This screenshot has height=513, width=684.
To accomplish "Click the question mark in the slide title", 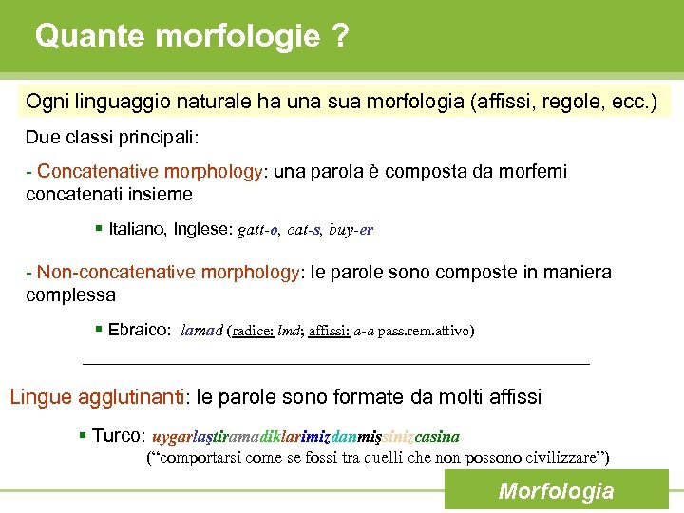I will click(338, 37).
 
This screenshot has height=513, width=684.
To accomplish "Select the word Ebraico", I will click(139, 331).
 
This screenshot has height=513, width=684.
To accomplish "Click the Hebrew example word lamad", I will click(201, 331).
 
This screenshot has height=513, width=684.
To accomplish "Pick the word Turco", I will click(119, 437).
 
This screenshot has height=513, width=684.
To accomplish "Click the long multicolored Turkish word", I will click(305, 437).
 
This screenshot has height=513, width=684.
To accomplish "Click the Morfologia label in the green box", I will click(556, 491).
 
